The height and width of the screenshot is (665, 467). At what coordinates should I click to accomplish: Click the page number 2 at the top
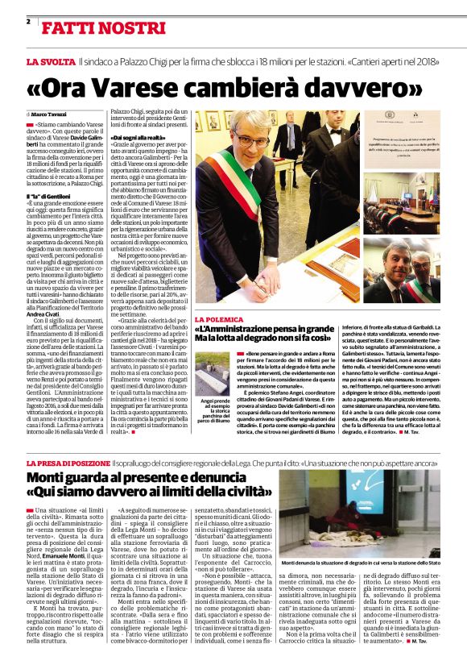point(28,20)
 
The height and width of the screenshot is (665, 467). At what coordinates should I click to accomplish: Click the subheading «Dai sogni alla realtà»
point(138,138)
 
